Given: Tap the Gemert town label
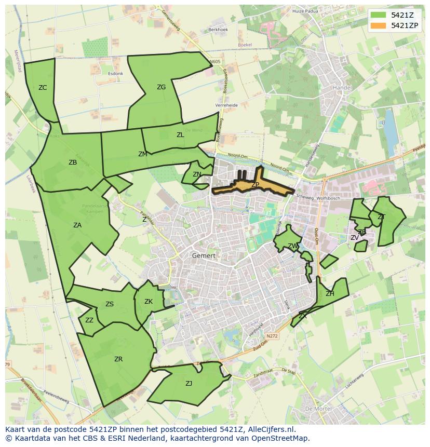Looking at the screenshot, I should tap(204, 255).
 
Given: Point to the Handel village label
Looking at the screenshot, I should tap(342, 88).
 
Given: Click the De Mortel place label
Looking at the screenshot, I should tap(315, 409).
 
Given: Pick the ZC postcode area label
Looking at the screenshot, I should tap(43, 88).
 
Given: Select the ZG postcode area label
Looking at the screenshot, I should tap(161, 87).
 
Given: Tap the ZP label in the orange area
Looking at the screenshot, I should tap(255, 185).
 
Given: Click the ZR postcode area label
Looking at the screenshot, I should tap(118, 359).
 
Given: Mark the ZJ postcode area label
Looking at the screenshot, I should tap(189, 384).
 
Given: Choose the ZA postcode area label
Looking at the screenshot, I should tap(77, 225).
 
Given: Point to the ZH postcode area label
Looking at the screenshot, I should tap(330, 294).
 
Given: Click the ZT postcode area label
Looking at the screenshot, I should tap(381, 216).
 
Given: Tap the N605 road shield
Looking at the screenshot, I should tap(215, 62).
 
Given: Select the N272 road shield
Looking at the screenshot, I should tap(272, 336).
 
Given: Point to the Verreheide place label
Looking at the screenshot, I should tap(226, 105).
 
